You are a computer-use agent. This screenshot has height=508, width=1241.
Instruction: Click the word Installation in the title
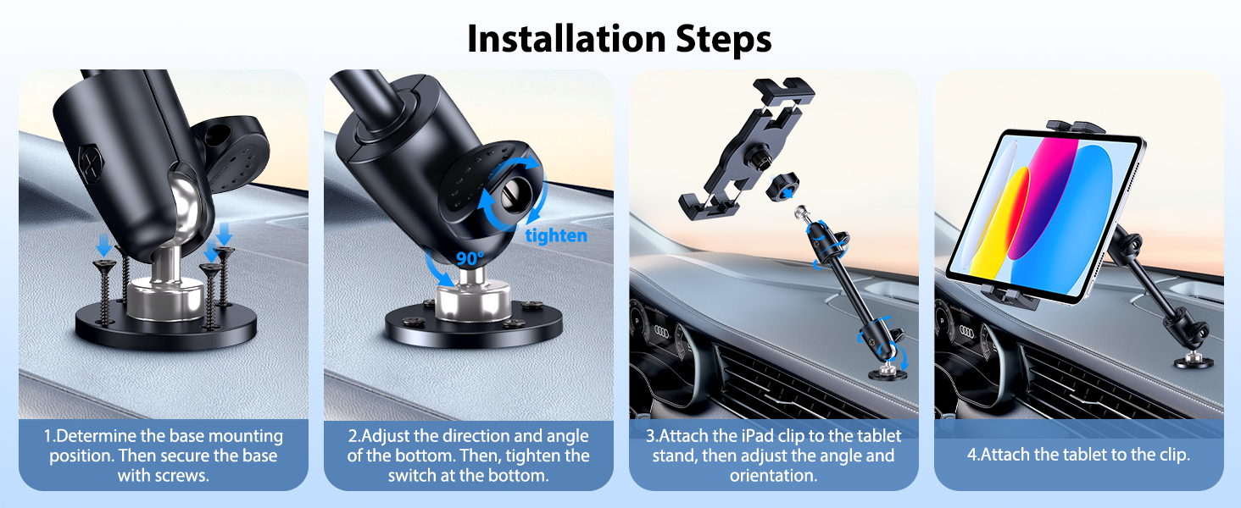point(566,39)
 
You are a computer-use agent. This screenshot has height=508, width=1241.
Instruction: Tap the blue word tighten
point(556,235)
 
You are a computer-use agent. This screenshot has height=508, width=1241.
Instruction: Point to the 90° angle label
point(470,258)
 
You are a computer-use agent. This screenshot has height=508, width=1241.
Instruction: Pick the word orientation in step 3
point(773,475)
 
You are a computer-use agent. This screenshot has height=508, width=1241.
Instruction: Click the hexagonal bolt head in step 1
point(92,161)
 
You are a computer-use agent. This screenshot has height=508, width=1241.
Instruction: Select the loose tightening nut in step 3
point(782,187)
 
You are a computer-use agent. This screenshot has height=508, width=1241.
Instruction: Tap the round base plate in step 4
point(1194,362)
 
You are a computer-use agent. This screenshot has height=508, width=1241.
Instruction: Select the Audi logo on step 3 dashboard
point(661,330)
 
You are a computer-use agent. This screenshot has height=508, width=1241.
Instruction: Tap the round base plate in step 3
point(887,374)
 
